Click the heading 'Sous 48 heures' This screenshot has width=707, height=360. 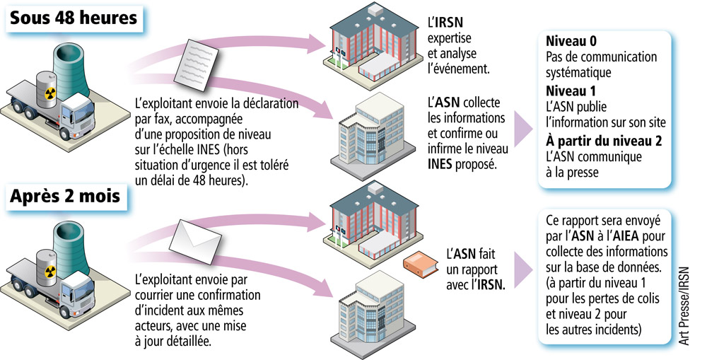point(74,18)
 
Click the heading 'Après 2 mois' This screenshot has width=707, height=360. point(66,198)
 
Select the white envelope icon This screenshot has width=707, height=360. point(192,237)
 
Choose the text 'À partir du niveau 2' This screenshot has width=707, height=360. point(604,140)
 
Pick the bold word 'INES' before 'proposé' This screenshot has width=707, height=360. point(443,164)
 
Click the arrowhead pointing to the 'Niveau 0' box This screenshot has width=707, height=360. point(523,128)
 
